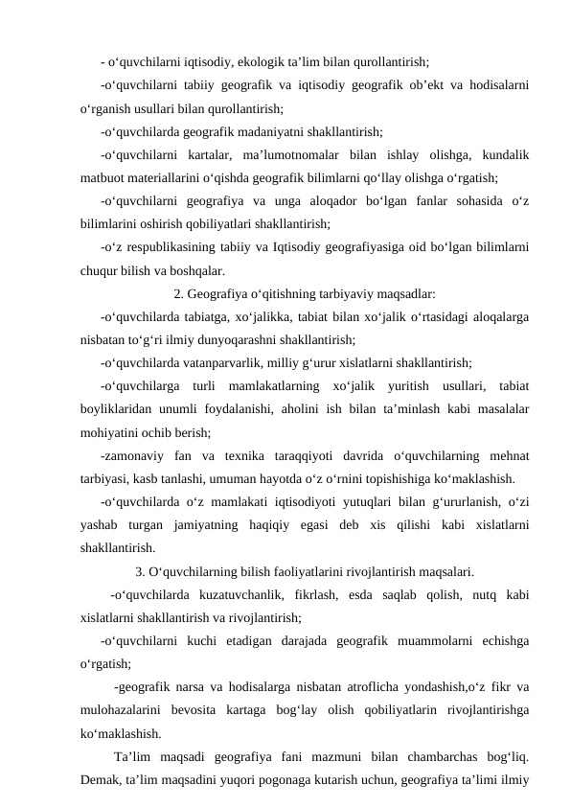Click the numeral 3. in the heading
click(142, 573)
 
